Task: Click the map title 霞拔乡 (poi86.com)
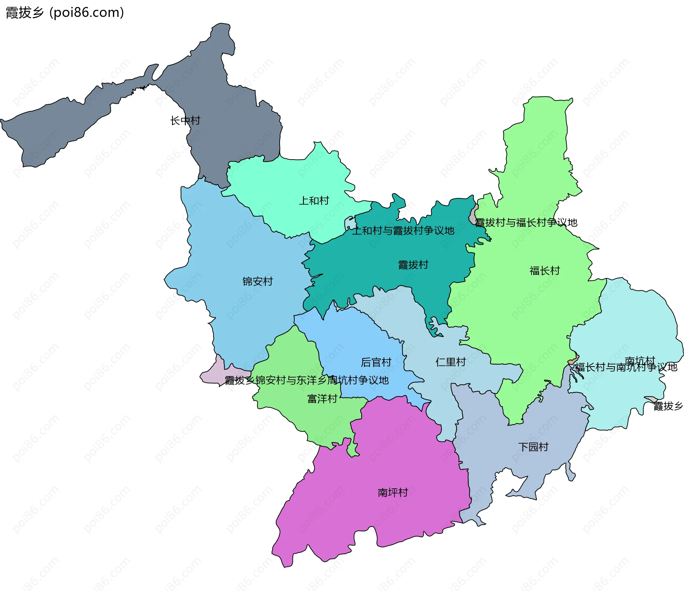(x=65, y=12)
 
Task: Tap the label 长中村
(x=185, y=120)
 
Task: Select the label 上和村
(x=313, y=201)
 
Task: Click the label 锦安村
(x=258, y=281)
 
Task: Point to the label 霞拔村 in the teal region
(x=413, y=265)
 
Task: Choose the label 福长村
(x=544, y=271)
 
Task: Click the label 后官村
(x=376, y=362)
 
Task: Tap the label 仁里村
(x=450, y=362)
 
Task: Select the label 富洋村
(x=322, y=399)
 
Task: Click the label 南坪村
(x=393, y=493)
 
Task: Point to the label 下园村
(x=533, y=447)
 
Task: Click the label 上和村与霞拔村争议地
(x=403, y=230)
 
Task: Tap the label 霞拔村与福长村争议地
(x=526, y=223)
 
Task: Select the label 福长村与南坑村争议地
(x=626, y=367)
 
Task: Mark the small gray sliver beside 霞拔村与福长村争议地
(x=473, y=216)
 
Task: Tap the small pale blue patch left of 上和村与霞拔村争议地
(x=350, y=223)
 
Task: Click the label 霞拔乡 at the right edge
(x=668, y=406)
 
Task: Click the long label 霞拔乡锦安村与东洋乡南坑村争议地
(x=306, y=380)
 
